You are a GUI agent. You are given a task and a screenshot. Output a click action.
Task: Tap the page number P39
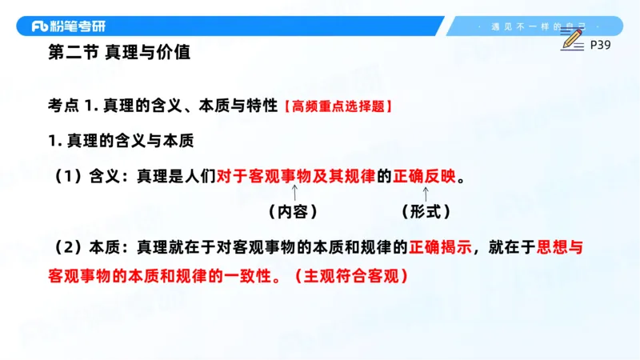pyautogui.click(x=600, y=46)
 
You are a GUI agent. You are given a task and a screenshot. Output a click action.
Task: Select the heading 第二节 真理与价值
pyautogui.click(x=119, y=54)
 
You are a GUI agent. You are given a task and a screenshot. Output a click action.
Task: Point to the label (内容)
pyautogui.click(x=292, y=211)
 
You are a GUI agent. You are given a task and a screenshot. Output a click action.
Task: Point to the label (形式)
pyautogui.click(x=425, y=211)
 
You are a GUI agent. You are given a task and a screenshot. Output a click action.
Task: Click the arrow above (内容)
pyautogui.click(x=295, y=192)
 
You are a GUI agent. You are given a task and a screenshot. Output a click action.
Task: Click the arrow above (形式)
pyautogui.click(x=426, y=192)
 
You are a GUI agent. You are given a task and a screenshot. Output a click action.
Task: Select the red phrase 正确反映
pyautogui.click(x=426, y=175)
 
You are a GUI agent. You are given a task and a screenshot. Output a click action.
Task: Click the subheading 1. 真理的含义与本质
pyautogui.click(x=122, y=140)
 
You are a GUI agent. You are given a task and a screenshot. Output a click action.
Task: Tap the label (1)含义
pyautogui.click(x=87, y=175)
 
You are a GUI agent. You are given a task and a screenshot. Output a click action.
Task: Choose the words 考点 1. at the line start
pyautogui.click(x=73, y=106)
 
